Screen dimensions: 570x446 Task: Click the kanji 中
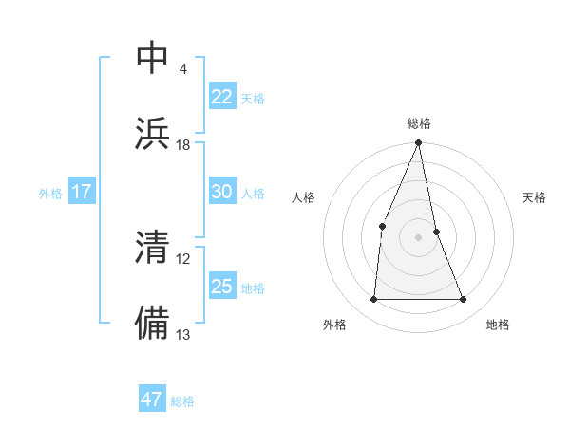click(153, 59)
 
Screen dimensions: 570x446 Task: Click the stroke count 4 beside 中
click(182, 69)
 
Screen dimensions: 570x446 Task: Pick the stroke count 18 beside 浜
click(183, 145)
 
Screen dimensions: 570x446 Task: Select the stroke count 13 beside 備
click(183, 334)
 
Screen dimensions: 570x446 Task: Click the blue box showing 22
click(221, 97)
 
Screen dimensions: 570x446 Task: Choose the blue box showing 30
click(221, 192)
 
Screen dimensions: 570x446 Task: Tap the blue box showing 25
click(221, 287)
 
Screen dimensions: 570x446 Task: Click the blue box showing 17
click(81, 192)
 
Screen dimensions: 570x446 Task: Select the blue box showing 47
click(152, 400)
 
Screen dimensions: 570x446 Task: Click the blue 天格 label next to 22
click(253, 98)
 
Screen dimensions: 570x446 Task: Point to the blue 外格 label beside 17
click(50, 193)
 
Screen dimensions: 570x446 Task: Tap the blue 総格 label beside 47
click(183, 400)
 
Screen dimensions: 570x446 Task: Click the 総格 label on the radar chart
click(419, 123)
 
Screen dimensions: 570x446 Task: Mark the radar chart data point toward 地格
click(464, 300)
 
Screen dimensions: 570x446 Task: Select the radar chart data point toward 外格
click(373, 300)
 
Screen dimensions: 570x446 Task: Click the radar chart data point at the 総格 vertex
click(419, 143)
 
